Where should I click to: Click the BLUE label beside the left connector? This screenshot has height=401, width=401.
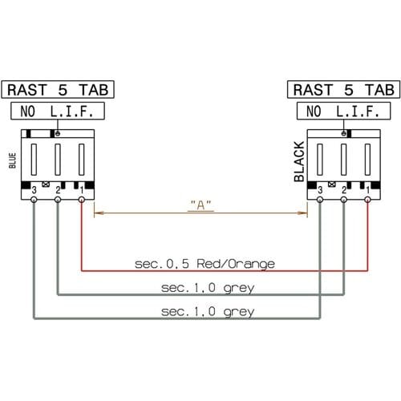click(12, 160)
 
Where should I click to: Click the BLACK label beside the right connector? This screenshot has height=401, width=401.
click(299, 161)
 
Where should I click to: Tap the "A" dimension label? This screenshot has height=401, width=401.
click(200, 205)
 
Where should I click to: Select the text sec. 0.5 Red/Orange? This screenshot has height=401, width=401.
click(205, 264)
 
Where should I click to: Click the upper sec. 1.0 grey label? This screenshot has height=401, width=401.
click(208, 288)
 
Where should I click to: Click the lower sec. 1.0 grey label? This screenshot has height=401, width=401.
click(208, 312)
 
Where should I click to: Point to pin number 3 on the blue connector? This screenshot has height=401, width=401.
click(34, 190)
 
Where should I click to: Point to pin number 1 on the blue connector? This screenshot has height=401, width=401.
click(82, 190)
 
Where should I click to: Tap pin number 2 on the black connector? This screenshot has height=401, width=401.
click(344, 190)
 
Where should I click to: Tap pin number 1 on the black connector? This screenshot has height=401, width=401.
click(368, 190)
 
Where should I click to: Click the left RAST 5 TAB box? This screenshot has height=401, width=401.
click(58, 90)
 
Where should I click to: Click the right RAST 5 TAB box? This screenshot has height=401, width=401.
click(344, 90)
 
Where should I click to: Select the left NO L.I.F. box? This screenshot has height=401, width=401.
click(58, 111)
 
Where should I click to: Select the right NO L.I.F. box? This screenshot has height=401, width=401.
click(344, 111)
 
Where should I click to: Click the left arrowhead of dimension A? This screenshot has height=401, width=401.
click(99, 213)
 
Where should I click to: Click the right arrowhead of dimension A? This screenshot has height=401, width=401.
click(302, 213)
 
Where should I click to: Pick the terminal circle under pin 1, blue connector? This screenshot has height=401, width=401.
click(82, 200)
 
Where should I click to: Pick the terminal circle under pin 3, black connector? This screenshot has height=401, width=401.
click(320, 200)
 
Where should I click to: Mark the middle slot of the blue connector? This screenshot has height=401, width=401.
click(58, 160)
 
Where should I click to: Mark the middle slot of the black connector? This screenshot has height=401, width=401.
click(344, 160)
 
